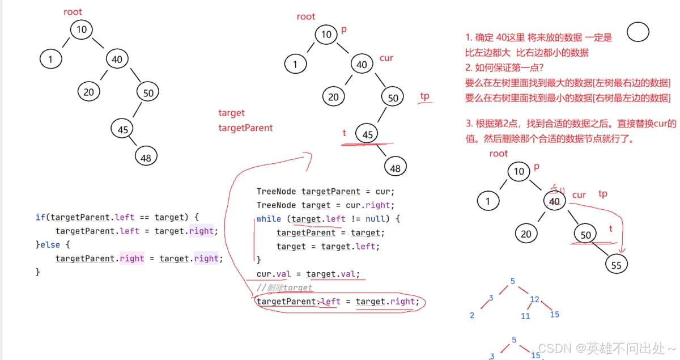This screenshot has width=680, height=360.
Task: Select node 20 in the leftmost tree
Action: (x=88, y=92)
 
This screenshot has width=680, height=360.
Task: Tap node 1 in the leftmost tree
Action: (x=50, y=58)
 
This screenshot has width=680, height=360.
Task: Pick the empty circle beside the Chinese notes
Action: (x=638, y=33)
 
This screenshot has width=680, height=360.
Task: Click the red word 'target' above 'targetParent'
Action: (x=231, y=113)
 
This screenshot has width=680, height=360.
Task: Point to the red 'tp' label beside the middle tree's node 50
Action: (x=425, y=96)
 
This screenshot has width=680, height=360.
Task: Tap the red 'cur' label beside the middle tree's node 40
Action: (x=386, y=58)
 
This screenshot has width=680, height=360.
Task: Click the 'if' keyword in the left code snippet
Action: (x=40, y=217)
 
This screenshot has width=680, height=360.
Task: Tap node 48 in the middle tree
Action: (x=395, y=167)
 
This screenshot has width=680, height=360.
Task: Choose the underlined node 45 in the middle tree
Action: (x=367, y=134)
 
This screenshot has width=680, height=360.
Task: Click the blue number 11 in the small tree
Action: (x=525, y=316)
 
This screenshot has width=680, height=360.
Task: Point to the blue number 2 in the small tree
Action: (x=472, y=315)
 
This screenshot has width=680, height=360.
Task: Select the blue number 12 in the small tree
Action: (x=534, y=299)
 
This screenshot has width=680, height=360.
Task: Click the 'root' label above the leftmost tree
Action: (x=72, y=11)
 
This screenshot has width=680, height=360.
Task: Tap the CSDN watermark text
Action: (x=606, y=348)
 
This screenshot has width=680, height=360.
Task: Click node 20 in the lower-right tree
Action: (x=526, y=234)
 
